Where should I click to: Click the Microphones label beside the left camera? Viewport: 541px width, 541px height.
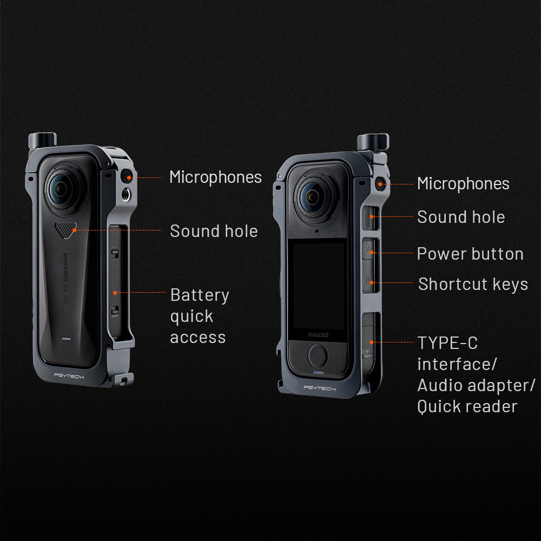click(215, 177)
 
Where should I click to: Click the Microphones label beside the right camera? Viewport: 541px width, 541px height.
click(463, 183)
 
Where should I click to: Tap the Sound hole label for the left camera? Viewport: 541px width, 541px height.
click(214, 231)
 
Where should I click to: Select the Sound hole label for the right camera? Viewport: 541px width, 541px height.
click(461, 217)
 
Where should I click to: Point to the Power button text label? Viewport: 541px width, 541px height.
click(470, 254)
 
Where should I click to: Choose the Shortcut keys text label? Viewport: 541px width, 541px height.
click(473, 285)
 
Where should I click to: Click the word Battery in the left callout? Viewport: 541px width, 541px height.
click(200, 296)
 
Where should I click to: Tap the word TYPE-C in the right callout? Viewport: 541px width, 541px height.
click(448, 343)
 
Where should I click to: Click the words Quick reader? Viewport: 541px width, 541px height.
click(467, 406)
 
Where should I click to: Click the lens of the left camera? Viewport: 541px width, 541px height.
click(61, 188)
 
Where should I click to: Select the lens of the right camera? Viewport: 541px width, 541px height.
click(313, 196)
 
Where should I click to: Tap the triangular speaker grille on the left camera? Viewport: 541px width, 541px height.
click(65, 230)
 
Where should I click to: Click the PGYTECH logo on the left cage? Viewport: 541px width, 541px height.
click(69, 376)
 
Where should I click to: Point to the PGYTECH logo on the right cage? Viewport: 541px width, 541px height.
click(320, 388)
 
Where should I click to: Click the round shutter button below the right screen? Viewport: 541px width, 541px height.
click(318, 356)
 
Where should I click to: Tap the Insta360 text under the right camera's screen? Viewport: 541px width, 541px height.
click(318, 335)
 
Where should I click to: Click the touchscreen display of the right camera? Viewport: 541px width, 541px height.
click(318, 286)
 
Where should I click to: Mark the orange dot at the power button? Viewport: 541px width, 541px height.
click(371, 253)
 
